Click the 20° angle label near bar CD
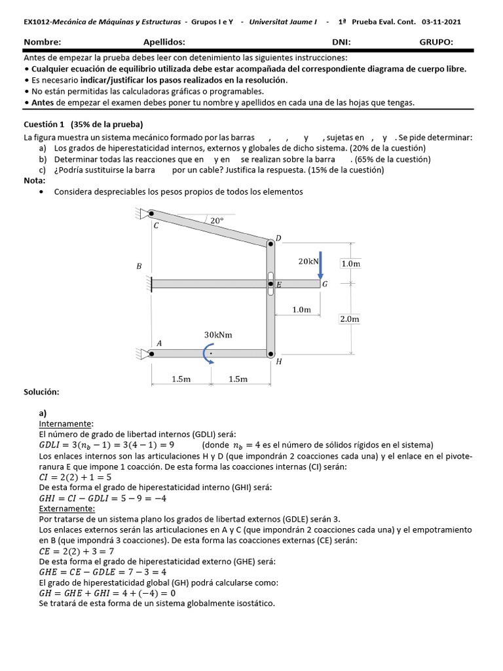point(217,221)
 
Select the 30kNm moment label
point(218,335)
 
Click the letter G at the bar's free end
point(325,284)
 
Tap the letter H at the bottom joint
point(279,361)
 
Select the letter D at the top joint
point(278,238)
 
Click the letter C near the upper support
point(156,226)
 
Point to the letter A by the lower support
point(158,343)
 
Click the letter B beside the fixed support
point(138,267)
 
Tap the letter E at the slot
point(278,285)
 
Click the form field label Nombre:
point(42,42)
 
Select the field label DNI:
point(341,42)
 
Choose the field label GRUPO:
point(436,42)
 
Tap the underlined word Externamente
point(66,508)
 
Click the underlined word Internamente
point(66,424)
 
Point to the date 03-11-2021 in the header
point(441,22)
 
